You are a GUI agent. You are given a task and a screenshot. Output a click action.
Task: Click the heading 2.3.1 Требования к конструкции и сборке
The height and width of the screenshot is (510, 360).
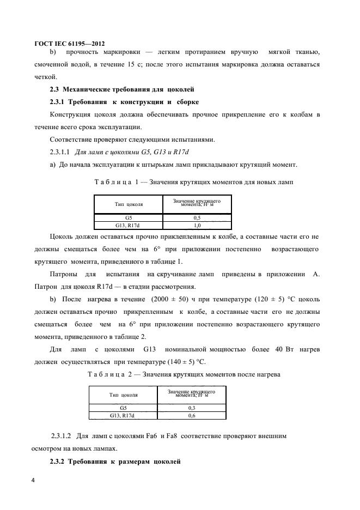click(x=124, y=102)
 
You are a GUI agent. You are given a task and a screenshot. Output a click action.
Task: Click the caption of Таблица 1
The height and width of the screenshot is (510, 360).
click(x=194, y=181)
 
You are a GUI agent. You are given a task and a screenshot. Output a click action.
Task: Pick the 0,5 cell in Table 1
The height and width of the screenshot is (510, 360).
click(x=197, y=217)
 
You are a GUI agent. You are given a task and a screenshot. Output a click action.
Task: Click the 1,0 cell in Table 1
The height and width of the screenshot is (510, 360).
click(x=197, y=224)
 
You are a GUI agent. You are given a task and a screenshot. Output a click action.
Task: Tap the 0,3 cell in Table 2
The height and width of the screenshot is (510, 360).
click(x=192, y=408)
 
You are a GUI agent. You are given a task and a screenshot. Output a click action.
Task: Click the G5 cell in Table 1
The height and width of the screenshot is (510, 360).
click(x=129, y=217)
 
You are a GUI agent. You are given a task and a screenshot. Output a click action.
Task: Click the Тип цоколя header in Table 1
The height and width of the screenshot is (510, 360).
click(x=129, y=204)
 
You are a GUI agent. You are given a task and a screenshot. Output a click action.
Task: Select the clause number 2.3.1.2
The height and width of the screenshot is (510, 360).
click(x=62, y=436)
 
